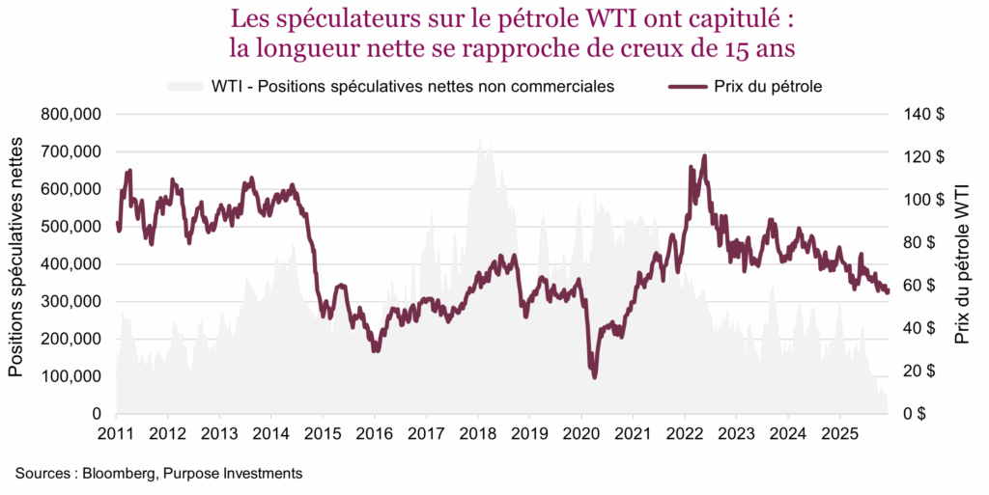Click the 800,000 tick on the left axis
tap(71, 114)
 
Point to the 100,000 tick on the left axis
tap(71, 376)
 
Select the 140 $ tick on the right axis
tap(925, 114)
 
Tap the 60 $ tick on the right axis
tap(925, 286)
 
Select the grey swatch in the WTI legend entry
tap(186, 87)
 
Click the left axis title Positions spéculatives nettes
tap(16, 256)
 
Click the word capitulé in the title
tap(734, 18)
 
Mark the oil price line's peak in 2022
tap(704, 155)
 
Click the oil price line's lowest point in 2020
tap(594, 376)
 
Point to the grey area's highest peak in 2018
tap(480, 139)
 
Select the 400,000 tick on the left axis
tap(71, 263)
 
